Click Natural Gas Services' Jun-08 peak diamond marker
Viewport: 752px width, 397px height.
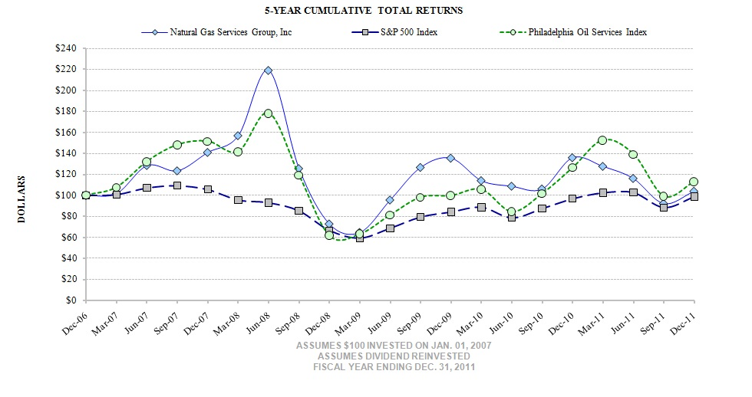pos(268,71)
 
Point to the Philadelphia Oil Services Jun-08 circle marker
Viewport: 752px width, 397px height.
pos(268,113)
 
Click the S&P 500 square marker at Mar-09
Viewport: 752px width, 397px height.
pos(359,238)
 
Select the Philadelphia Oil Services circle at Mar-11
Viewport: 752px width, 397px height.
pos(602,140)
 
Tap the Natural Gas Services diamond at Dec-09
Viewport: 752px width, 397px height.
pos(450,158)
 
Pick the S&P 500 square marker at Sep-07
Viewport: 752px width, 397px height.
pos(177,185)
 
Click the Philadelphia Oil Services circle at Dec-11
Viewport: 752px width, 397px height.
pos(694,182)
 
